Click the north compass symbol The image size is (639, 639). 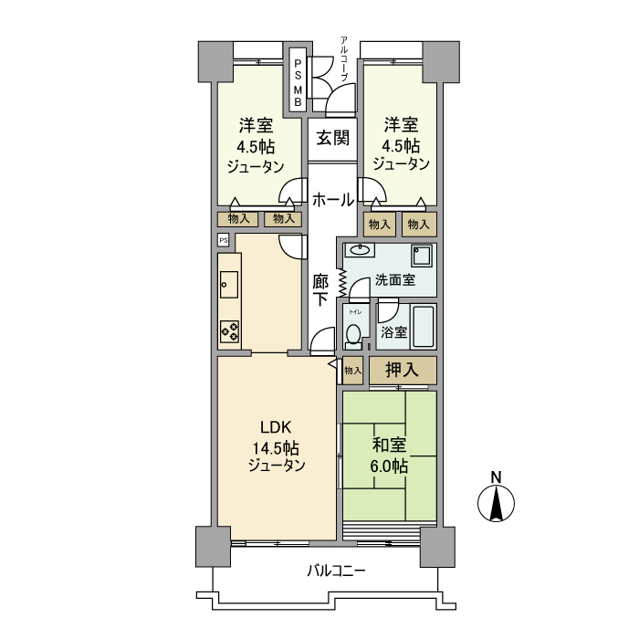coord(497,503)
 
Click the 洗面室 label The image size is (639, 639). coord(395,280)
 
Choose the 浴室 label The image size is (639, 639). coord(393,333)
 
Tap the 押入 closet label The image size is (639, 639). coord(402,370)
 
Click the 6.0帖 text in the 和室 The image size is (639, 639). coord(389,466)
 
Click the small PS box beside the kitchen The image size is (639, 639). coord(224,240)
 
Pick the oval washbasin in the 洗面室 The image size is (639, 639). coord(361,250)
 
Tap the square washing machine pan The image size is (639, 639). coord(422,255)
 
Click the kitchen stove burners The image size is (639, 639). coord(229,333)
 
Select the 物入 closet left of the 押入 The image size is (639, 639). coord(352,370)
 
